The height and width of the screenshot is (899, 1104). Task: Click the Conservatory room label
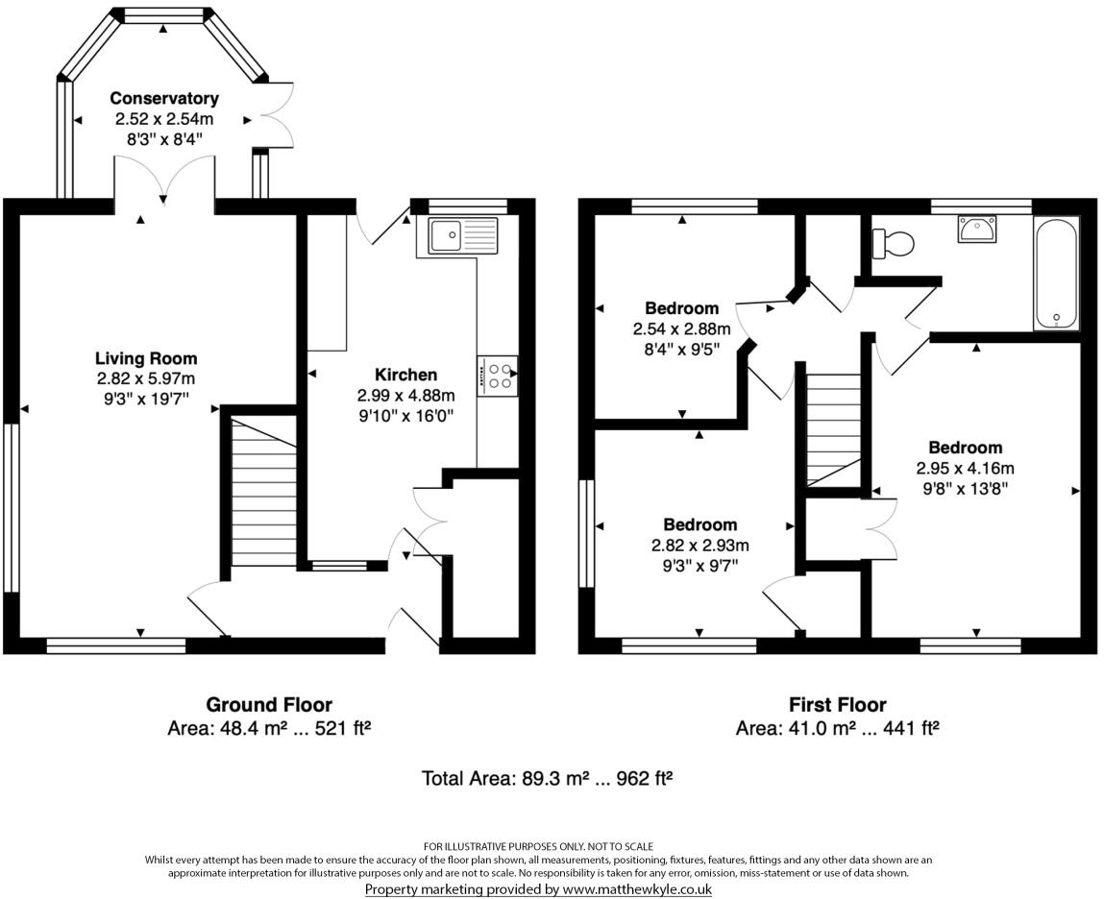click(x=164, y=98)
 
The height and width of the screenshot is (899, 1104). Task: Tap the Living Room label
click(x=146, y=358)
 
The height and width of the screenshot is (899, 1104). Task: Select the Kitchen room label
click(x=405, y=375)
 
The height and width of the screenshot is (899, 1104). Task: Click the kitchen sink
click(x=457, y=235)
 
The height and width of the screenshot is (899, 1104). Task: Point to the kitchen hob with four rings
click(x=498, y=376)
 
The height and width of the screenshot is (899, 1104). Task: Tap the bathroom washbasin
click(x=976, y=229)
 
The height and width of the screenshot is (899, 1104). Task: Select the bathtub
click(x=1055, y=273)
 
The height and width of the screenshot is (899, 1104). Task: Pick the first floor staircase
click(x=834, y=429)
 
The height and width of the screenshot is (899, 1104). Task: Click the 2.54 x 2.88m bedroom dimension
click(x=681, y=328)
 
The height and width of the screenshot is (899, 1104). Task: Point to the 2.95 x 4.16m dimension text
click(x=965, y=468)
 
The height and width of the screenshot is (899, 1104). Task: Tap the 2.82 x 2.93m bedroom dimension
click(x=699, y=545)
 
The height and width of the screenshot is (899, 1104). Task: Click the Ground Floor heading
click(x=269, y=705)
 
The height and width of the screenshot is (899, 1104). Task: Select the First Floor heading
click(x=837, y=705)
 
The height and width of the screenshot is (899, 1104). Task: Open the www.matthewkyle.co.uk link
click(x=637, y=889)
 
